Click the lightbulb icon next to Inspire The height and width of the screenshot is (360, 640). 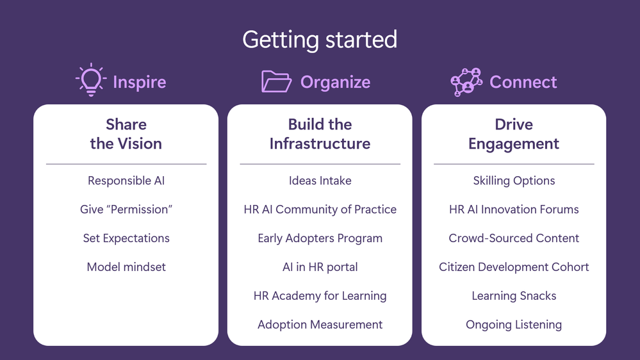click(x=91, y=80)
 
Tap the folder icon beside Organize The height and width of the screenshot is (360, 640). click(x=276, y=81)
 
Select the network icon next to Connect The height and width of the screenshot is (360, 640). click(x=466, y=82)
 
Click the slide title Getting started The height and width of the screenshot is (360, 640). click(x=320, y=40)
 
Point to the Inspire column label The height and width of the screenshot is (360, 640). click(x=140, y=82)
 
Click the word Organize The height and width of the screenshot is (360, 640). click(x=336, y=82)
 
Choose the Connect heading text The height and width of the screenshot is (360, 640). click(x=523, y=82)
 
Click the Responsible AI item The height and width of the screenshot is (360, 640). click(x=126, y=181)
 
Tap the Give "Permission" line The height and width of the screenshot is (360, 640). click(x=126, y=209)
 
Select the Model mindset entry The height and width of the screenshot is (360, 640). click(x=126, y=267)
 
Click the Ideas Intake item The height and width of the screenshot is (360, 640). click(x=320, y=181)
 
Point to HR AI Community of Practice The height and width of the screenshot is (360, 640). click(x=320, y=209)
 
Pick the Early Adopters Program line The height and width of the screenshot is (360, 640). click(x=320, y=238)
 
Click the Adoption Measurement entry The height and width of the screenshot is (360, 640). click(x=320, y=325)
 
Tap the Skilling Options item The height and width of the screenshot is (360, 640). click(x=514, y=181)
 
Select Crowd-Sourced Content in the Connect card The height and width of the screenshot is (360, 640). click(x=514, y=238)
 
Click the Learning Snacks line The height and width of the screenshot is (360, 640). click(x=514, y=296)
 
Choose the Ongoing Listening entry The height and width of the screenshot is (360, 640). click(x=514, y=325)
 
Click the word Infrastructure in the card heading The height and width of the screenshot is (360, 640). click(x=320, y=143)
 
